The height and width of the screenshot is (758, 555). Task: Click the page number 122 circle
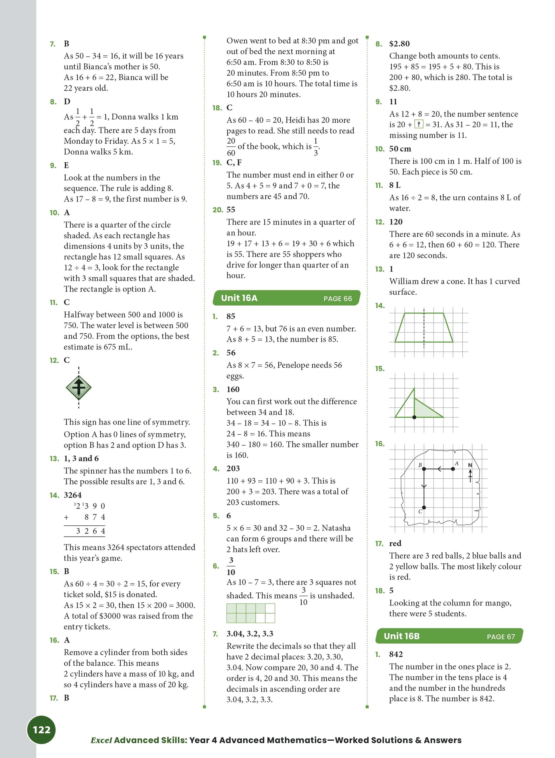[x=41, y=729]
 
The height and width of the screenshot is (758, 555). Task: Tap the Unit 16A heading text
[x=239, y=298]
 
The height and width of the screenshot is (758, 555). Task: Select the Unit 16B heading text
[x=402, y=636]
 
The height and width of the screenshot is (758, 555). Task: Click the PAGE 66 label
[x=338, y=298]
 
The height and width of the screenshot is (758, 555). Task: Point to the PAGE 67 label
[x=501, y=637]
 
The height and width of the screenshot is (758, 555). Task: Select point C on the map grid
[x=424, y=507]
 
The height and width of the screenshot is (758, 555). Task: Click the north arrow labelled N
[x=470, y=473]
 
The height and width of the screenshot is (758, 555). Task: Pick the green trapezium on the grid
[x=424, y=328]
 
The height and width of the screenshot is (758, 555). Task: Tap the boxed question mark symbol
[x=419, y=124]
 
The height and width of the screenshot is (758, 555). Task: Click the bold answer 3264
[x=72, y=495]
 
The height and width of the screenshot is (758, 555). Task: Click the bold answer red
[x=395, y=543]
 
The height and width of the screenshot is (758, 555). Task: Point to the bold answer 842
[x=396, y=654]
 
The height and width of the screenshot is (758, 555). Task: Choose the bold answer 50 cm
[x=400, y=149]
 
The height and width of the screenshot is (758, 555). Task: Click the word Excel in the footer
[x=101, y=740]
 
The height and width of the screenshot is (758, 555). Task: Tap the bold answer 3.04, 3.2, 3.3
[x=250, y=634]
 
